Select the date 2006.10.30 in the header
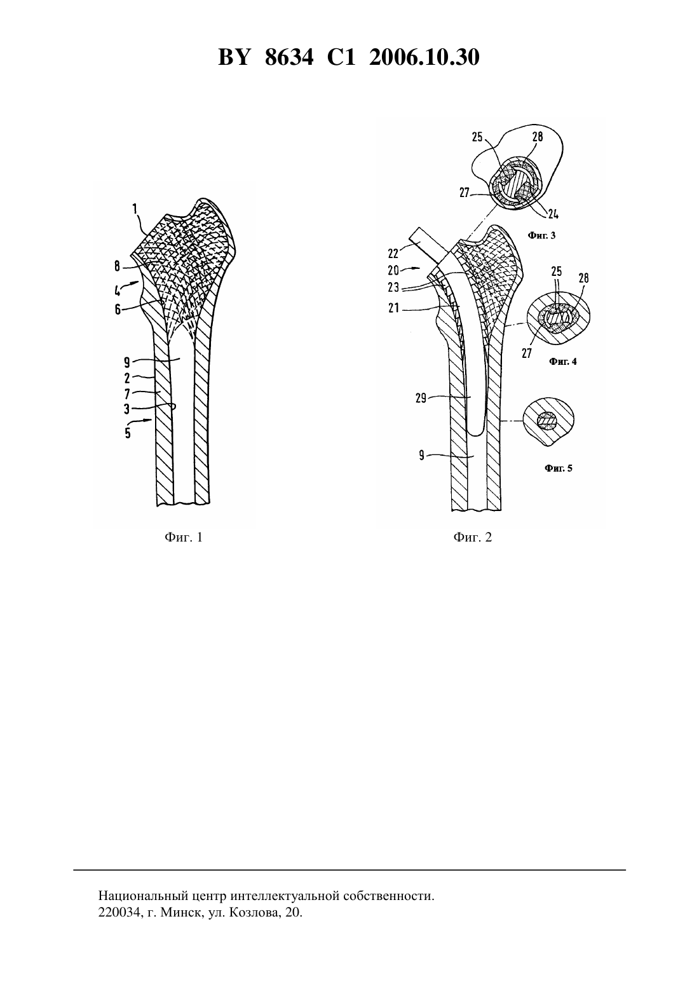click(x=424, y=58)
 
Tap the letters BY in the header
click(x=234, y=58)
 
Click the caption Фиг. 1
click(x=184, y=537)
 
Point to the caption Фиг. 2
click(x=473, y=537)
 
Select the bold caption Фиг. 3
click(x=542, y=235)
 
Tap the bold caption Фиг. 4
click(x=562, y=362)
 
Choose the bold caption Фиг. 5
click(x=559, y=468)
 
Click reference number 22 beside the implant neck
click(x=393, y=254)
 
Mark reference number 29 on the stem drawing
click(x=421, y=399)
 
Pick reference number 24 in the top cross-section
click(x=553, y=214)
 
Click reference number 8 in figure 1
click(x=117, y=266)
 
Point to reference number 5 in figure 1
click(x=128, y=433)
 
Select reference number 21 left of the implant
click(x=393, y=309)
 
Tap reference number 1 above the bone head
click(x=135, y=208)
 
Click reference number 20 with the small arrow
click(x=393, y=270)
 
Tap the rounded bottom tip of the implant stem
click(x=475, y=435)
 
